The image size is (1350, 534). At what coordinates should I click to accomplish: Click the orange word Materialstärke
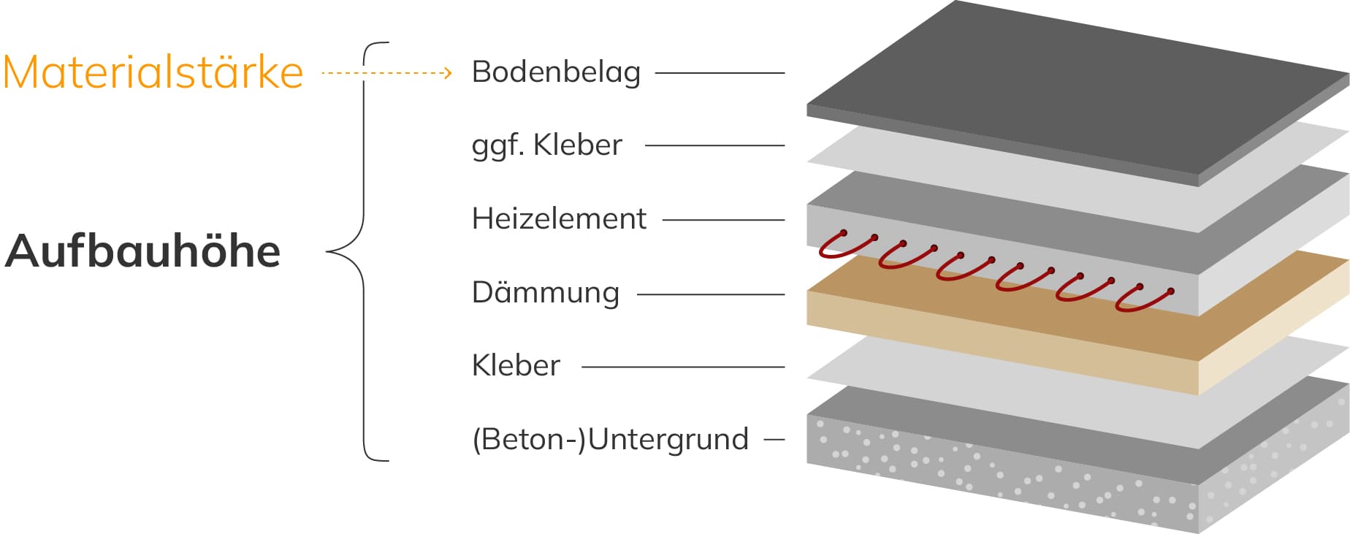tap(153, 72)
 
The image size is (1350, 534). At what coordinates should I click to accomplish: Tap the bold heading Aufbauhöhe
tap(143, 251)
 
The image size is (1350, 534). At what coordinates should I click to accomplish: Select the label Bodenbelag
tap(556, 72)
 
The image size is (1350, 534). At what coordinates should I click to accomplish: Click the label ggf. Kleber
tap(546, 145)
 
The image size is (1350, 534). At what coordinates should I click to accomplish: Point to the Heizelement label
tap(559, 219)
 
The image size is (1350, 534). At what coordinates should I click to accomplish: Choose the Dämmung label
tap(546, 293)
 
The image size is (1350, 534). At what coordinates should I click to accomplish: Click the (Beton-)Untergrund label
tap(610, 440)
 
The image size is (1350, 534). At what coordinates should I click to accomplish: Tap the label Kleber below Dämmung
tap(516, 365)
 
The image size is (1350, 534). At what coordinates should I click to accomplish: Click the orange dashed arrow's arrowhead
tap(448, 73)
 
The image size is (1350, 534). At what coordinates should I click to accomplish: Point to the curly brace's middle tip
tap(329, 252)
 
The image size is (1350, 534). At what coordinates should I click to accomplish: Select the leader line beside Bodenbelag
tap(720, 73)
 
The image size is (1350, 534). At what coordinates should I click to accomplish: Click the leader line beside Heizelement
tap(723, 220)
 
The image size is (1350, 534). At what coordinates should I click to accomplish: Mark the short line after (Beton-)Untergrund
tap(774, 440)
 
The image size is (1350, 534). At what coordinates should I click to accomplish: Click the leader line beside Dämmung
tap(711, 294)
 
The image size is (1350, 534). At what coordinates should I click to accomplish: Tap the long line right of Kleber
tap(683, 367)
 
